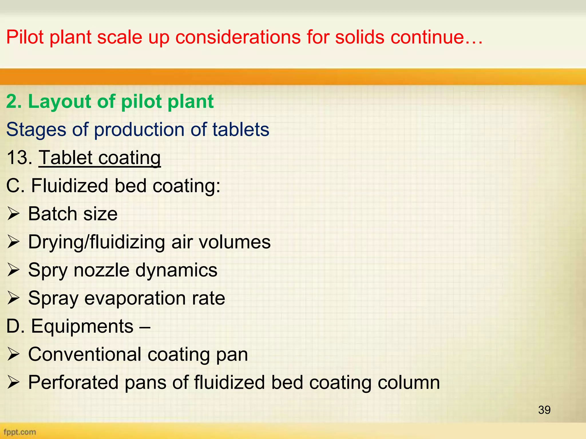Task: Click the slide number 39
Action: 544,410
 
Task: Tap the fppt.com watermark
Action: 20,432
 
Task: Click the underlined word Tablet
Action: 66,157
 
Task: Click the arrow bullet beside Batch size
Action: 13,214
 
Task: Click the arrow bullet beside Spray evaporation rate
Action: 13,298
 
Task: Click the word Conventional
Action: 85,355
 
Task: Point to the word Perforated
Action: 73,383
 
